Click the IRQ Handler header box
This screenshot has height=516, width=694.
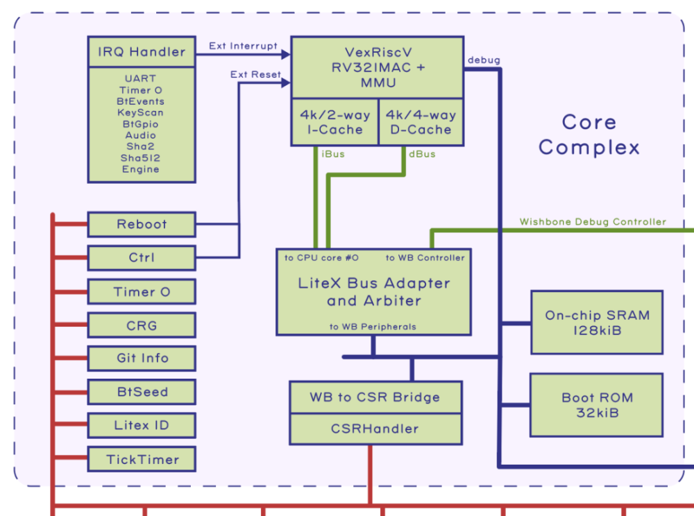click(142, 52)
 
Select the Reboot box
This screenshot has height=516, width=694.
click(142, 224)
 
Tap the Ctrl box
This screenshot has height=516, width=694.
click(142, 258)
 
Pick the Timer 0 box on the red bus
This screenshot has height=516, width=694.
click(142, 292)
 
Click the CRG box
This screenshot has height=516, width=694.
click(142, 325)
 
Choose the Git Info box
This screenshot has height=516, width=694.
click(142, 359)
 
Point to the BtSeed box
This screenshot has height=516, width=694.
click(142, 392)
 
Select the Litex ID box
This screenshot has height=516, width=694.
click(142, 425)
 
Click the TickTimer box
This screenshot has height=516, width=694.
click(142, 459)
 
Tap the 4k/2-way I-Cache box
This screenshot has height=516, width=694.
click(335, 122)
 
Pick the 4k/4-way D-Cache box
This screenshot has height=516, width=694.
click(421, 122)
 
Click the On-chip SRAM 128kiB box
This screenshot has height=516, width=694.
click(597, 322)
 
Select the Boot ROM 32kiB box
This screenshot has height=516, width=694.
click(597, 405)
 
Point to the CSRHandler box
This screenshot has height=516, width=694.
click(375, 429)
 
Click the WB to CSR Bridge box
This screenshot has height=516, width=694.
click(375, 397)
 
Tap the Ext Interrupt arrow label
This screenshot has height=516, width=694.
click(243, 46)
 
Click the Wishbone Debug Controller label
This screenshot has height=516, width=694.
click(593, 222)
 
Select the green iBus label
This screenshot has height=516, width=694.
click(333, 154)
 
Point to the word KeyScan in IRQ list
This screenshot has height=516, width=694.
click(141, 112)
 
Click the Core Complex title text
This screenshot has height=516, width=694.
click(589, 135)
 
